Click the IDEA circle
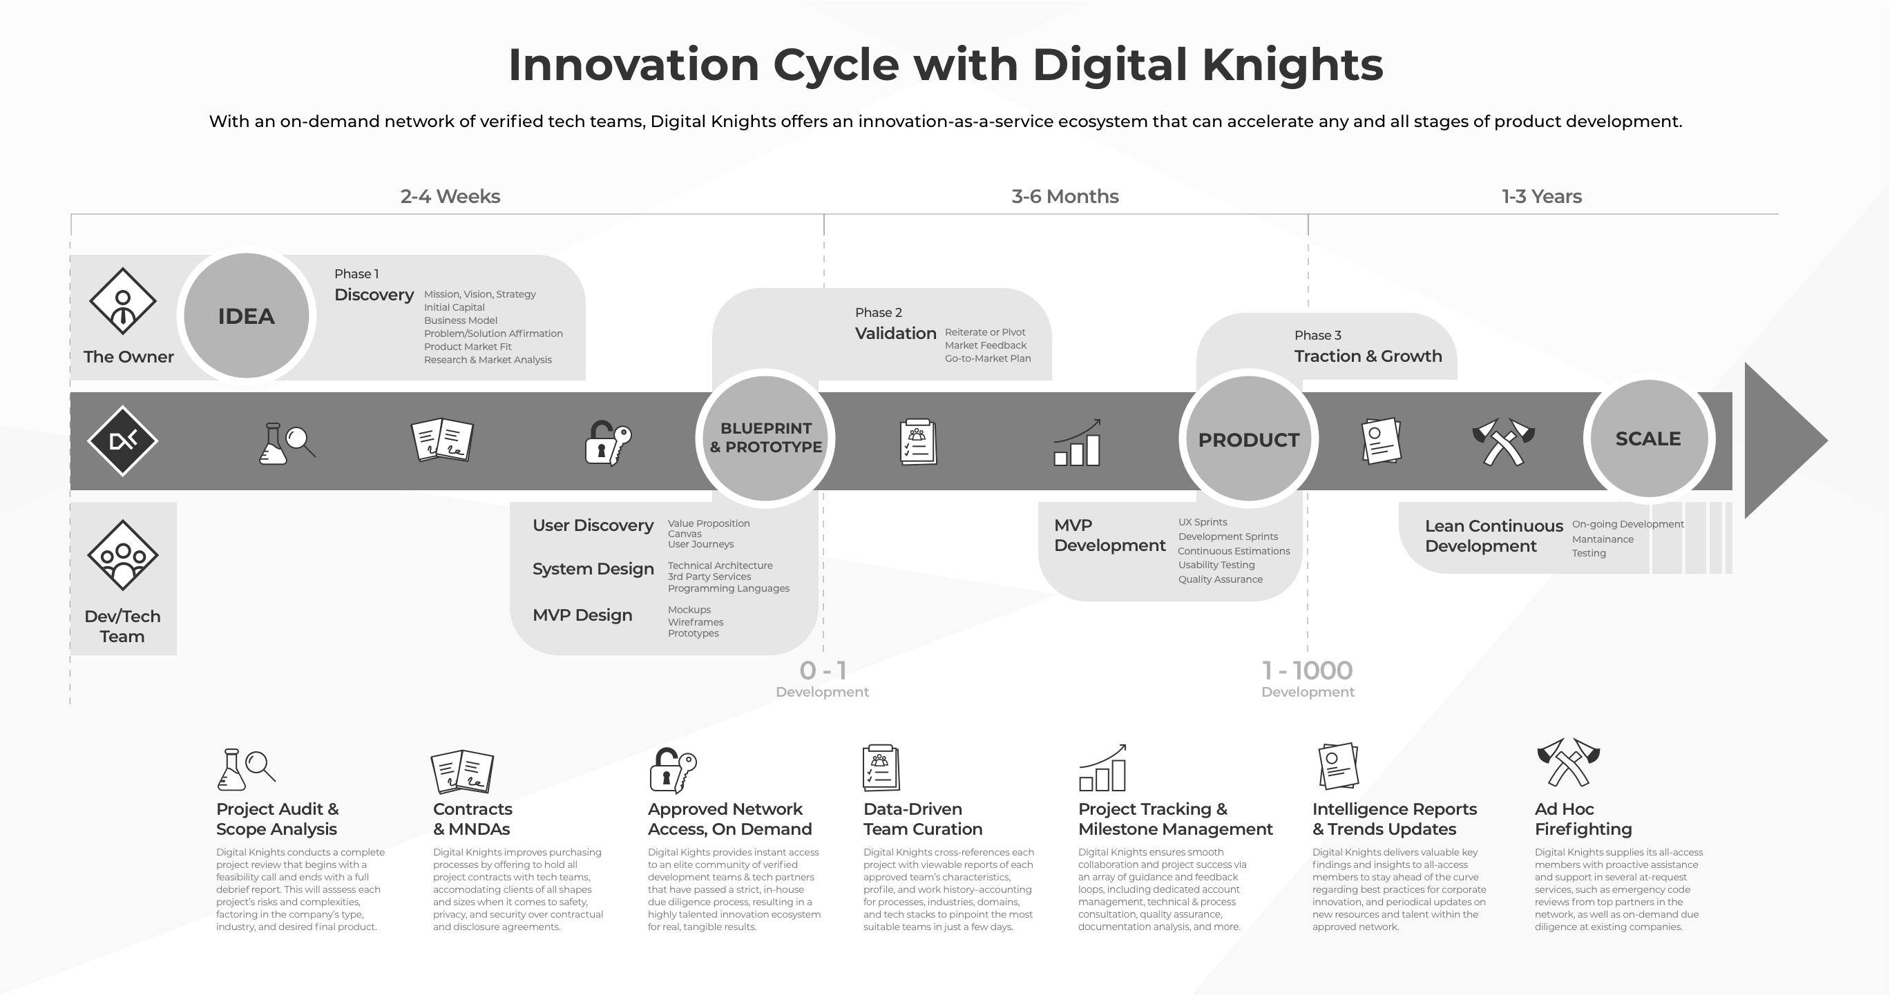pos(246,316)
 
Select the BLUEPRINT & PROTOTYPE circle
pos(765,438)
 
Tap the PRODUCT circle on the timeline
pos(1249,439)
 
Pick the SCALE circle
pos(1649,438)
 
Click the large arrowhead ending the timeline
pos(1781,441)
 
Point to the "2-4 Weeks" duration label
pos(450,196)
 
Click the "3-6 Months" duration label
pos(1065,196)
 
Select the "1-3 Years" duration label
pos(1542,196)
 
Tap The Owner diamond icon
pos(123,301)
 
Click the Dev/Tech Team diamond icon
pos(123,555)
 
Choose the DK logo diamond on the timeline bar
pos(123,441)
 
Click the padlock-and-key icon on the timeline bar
pos(607,443)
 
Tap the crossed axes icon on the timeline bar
pos(1504,441)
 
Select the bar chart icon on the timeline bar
pos(1078,442)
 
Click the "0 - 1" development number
pos(823,670)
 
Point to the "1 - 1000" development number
pos(1308,670)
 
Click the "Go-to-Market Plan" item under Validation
pos(988,358)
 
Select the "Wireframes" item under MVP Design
pos(696,622)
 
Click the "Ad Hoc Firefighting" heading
pos(1583,819)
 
